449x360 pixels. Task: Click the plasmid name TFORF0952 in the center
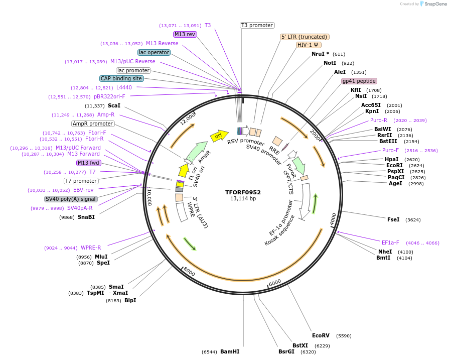click(x=243, y=192)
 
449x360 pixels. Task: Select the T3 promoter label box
click(x=257, y=25)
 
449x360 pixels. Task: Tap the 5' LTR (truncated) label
click(x=305, y=37)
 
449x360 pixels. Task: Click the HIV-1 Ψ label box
click(x=309, y=45)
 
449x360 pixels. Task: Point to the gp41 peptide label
click(x=359, y=81)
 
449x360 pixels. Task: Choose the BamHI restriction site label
click(x=230, y=351)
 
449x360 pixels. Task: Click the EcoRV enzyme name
click(x=321, y=335)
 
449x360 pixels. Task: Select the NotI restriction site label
click(x=330, y=63)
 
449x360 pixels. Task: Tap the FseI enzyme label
click(x=393, y=219)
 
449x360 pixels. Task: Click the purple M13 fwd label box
click(x=89, y=163)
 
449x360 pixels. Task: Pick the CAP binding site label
click(x=121, y=78)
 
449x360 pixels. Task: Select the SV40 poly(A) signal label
click(x=71, y=199)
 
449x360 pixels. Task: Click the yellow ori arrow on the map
click(x=219, y=136)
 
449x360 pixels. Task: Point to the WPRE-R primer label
click(x=91, y=248)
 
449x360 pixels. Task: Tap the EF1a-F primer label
click(x=390, y=243)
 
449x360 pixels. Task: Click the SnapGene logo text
click(x=434, y=4)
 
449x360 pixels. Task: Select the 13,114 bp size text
click(x=243, y=199)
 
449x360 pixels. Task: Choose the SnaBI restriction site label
click(x=86, y=217)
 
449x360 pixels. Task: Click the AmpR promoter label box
click(x=93, y=124)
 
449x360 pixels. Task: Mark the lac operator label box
click(x=154, y=52)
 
